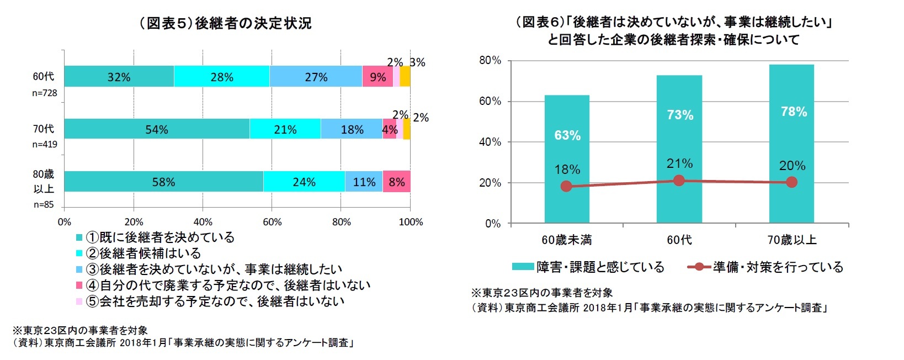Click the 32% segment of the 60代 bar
(x=119, y=77)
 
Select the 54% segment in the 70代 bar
(x=157, y=129)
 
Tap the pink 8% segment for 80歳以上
(x=396, y=182)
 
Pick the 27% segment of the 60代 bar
(x=316, y=77)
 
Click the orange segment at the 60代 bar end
(x=405, y=77)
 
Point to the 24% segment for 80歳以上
(x=304, y=182)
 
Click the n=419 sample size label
(x=45, y=145)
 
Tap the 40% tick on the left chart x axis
(x=203, y=222)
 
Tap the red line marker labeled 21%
(x=679, y=181)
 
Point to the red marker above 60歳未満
(x=566, y=187)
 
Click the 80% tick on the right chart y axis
(x=490, y=60)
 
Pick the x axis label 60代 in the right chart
(x=679, y=240)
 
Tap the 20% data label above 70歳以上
(x=792, y=166)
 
